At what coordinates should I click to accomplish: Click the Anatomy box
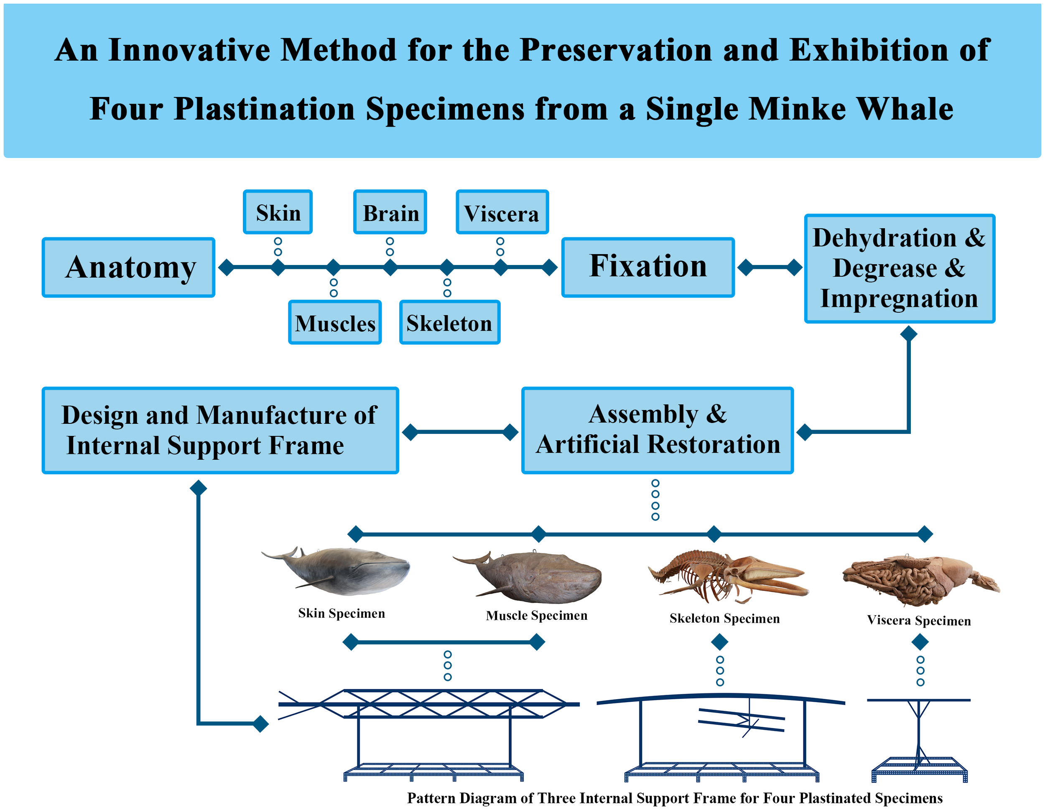click(128, 267)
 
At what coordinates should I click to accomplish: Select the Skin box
click(278, 212)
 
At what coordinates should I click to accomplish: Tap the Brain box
click(390, 212)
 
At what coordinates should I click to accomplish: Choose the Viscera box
click(502, 212)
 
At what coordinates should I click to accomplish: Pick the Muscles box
click(335, 323)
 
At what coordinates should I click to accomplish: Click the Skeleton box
click(449, 323)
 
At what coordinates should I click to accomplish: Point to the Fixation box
click(648, 267)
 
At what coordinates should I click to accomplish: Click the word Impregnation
click(899, 298)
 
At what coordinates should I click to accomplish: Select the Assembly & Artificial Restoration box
click(658, 430)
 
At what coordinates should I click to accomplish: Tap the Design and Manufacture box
click(220, 430)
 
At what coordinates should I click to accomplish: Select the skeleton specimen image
click(727, 576)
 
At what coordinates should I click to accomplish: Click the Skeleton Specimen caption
click(724, 618)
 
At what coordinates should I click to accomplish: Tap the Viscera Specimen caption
click(919, 621)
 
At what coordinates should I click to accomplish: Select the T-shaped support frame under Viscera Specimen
click(919, 737)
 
